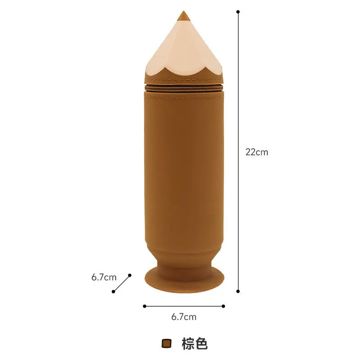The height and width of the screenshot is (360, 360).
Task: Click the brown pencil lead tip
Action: pyautogui.click(x=184, y=17)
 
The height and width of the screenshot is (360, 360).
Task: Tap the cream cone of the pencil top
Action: pyautogui.click(x=184, y=50)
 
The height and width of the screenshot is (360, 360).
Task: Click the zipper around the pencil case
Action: pyautogui.click(x=184, y=88)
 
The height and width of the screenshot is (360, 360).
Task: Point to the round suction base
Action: pyautogui.click(x=184, y=280)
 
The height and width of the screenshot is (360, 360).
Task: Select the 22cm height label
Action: pyautogui.click(x=256, y=152)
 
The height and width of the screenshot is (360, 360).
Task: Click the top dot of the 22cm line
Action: pyautogui.click(x=238, y=12)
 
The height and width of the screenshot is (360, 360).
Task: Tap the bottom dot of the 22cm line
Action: pyautogui.click(x=238, y=291)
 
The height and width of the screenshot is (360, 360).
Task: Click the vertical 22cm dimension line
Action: pyautogui.click(x=238, y=152)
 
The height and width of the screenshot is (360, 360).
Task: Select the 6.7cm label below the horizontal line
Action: pyautogui.click(x=184, y=317)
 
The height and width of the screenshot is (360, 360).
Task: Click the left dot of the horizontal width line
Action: pyautogui.click(x=144, y=306)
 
